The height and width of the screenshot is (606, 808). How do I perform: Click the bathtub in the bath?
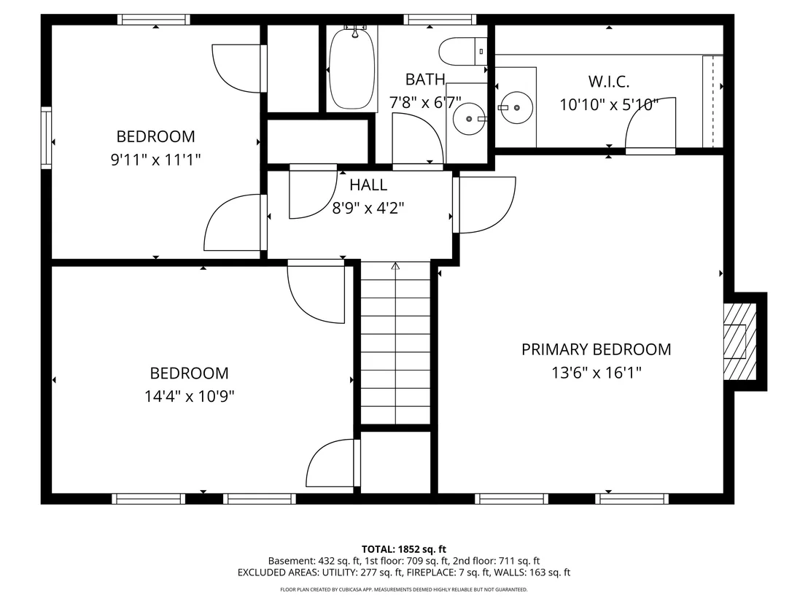coord(352,68)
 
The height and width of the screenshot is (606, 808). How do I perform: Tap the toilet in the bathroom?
coord(463,52)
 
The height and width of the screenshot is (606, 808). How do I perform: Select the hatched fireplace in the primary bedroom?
coord(740,341)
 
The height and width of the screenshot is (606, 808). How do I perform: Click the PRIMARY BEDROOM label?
coord(597,349)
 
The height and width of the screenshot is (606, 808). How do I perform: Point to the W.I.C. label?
coord(609,82)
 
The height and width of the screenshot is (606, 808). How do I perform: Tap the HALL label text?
coord(368,184)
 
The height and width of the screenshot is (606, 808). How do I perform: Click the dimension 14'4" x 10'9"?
coord(189,396)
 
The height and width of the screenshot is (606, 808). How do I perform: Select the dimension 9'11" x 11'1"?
coord(155,160)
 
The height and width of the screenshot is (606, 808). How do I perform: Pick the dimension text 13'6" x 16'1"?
coord(597,373)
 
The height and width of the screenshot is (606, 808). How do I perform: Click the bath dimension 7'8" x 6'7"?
coord(425,103)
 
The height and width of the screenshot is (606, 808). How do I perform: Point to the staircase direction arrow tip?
coord(395,263)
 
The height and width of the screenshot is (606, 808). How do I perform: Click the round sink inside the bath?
coord(469,119)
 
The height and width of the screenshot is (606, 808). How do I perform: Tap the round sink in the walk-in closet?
coord(516,108)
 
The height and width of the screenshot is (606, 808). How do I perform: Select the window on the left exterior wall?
coord(47,138)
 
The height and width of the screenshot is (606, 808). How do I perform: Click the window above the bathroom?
coord(440,20)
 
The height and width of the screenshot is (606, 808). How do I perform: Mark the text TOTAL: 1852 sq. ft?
coord(403,549)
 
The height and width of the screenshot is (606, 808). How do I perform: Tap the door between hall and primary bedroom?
coord(484,205)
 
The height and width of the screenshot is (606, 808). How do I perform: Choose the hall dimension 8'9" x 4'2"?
coord(368,208)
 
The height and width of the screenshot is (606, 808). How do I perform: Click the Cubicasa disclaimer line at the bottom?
coord(403,589)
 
